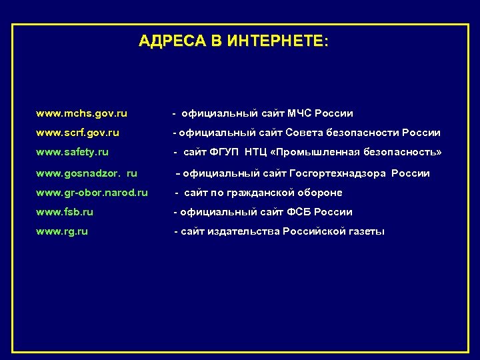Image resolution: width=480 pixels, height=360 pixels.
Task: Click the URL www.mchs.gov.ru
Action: [81, 113]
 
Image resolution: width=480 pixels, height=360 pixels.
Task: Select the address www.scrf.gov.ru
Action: [77, 133]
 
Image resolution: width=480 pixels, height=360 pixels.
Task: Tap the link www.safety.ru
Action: [72, 153]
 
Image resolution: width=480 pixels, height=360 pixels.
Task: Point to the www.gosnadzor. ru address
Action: [87, 173]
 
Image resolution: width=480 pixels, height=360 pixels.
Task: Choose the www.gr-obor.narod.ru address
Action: [92, 193]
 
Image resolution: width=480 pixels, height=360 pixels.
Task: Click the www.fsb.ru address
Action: [65, 212]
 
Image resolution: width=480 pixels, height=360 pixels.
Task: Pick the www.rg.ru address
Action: [62, 231]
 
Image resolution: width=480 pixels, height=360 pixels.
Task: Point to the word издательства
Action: [243, 231]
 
